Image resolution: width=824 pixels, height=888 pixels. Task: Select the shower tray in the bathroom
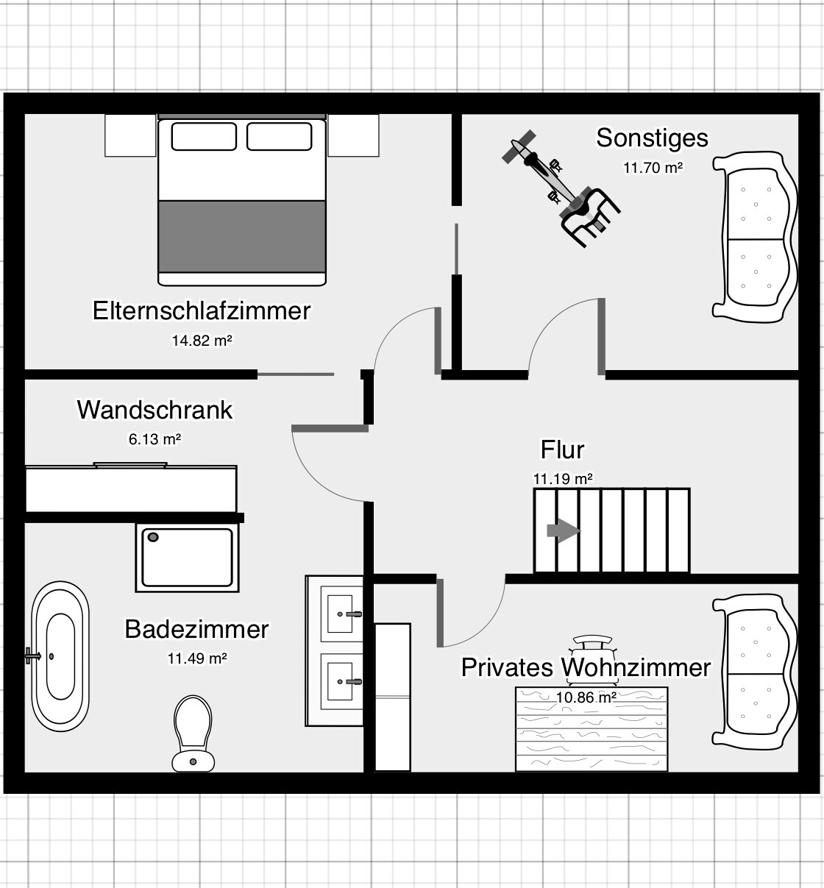point(188,557)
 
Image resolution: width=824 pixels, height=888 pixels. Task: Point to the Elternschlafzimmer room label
point(202,310)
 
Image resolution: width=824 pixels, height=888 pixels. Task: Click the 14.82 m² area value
point(202,341)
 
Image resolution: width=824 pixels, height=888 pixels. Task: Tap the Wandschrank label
point(154,410)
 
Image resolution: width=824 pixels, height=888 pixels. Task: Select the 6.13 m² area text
point(154,439)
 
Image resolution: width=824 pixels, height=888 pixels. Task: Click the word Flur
point(562,450)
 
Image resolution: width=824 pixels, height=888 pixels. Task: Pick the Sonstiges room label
point(652,138)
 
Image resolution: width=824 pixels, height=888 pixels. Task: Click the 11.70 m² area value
point(653,167)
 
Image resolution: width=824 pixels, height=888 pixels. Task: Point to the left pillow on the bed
point(204,136)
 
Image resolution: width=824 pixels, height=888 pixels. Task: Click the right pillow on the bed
point(280,136)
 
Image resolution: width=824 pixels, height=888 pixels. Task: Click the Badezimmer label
point(196,629)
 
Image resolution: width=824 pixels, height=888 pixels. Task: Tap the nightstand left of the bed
point(130,135)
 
